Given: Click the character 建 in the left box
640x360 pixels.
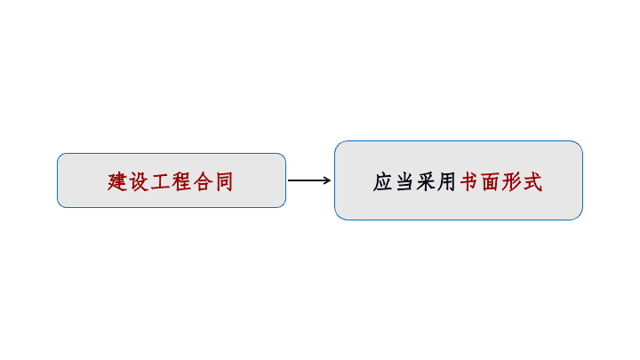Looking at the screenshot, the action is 117,181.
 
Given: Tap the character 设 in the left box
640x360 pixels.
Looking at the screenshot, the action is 139,181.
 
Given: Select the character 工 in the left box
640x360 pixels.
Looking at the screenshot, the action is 160,181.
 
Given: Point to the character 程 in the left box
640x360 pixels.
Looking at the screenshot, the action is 181,181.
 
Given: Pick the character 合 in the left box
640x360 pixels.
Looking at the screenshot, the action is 203,181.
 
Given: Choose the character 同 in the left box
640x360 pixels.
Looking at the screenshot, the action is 224,181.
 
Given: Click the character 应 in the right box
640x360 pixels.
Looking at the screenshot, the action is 383,181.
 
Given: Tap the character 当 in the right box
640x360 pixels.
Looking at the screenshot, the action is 404,181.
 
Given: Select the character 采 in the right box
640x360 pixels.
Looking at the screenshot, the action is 426,181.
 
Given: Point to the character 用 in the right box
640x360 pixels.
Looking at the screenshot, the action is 446,181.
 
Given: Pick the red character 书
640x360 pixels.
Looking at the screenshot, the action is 468,181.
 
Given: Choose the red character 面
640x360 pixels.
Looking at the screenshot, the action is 490,182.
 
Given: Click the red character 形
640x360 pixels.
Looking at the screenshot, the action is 511,181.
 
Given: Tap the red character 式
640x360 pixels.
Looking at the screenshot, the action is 533,181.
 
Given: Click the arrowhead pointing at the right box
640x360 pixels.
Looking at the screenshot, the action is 327,180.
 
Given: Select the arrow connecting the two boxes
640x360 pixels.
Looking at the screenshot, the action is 309,180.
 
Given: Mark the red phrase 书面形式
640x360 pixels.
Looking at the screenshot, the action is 501,181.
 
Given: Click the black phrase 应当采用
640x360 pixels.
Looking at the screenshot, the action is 414,181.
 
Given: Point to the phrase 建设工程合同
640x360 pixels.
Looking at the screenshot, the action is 170,181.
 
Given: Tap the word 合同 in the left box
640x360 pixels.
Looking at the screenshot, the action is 213,181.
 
